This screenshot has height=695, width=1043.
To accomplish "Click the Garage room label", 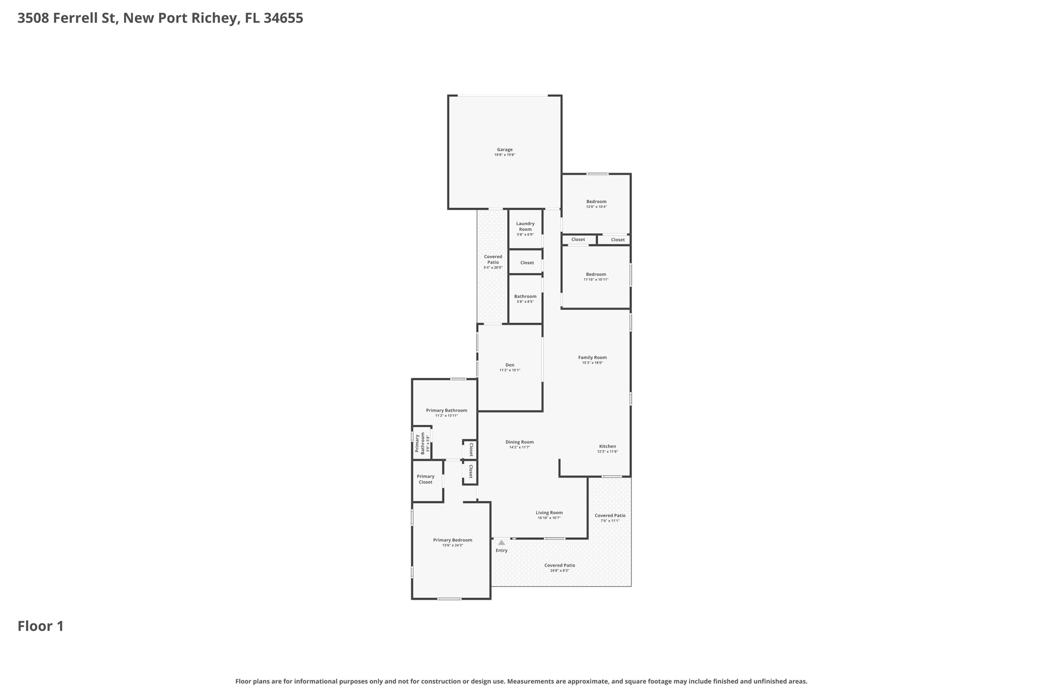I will (504, 150).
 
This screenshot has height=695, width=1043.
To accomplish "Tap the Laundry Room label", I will (525, 226).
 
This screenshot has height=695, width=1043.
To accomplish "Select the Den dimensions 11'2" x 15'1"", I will (509, 370).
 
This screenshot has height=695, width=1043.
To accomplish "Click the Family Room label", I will (592, 357).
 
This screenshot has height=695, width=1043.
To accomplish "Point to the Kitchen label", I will (607, 446).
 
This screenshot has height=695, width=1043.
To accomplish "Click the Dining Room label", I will (519, 442).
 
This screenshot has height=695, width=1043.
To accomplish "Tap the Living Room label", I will (549, 513).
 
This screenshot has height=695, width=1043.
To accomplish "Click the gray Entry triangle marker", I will (502, 543).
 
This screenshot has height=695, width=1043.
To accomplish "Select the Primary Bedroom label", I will (452, 540).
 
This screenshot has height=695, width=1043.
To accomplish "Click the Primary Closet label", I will (425, 479).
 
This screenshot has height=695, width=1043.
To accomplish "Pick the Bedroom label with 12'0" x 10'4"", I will (596, 202).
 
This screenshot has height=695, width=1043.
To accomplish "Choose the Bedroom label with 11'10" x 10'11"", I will (596, 274).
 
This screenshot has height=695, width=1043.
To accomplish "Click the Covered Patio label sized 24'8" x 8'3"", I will (559, 565).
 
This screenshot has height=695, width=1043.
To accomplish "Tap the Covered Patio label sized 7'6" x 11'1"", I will (610, 515).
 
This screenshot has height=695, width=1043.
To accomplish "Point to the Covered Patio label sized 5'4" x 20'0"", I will (492, 259).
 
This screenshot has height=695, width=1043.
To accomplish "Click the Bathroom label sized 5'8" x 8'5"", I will (525, 296).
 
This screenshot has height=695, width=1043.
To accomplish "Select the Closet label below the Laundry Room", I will (527, 263).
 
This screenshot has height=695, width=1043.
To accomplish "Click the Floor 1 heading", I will (41, 626).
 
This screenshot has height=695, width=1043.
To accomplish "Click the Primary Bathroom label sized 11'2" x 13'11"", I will (446, 410).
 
